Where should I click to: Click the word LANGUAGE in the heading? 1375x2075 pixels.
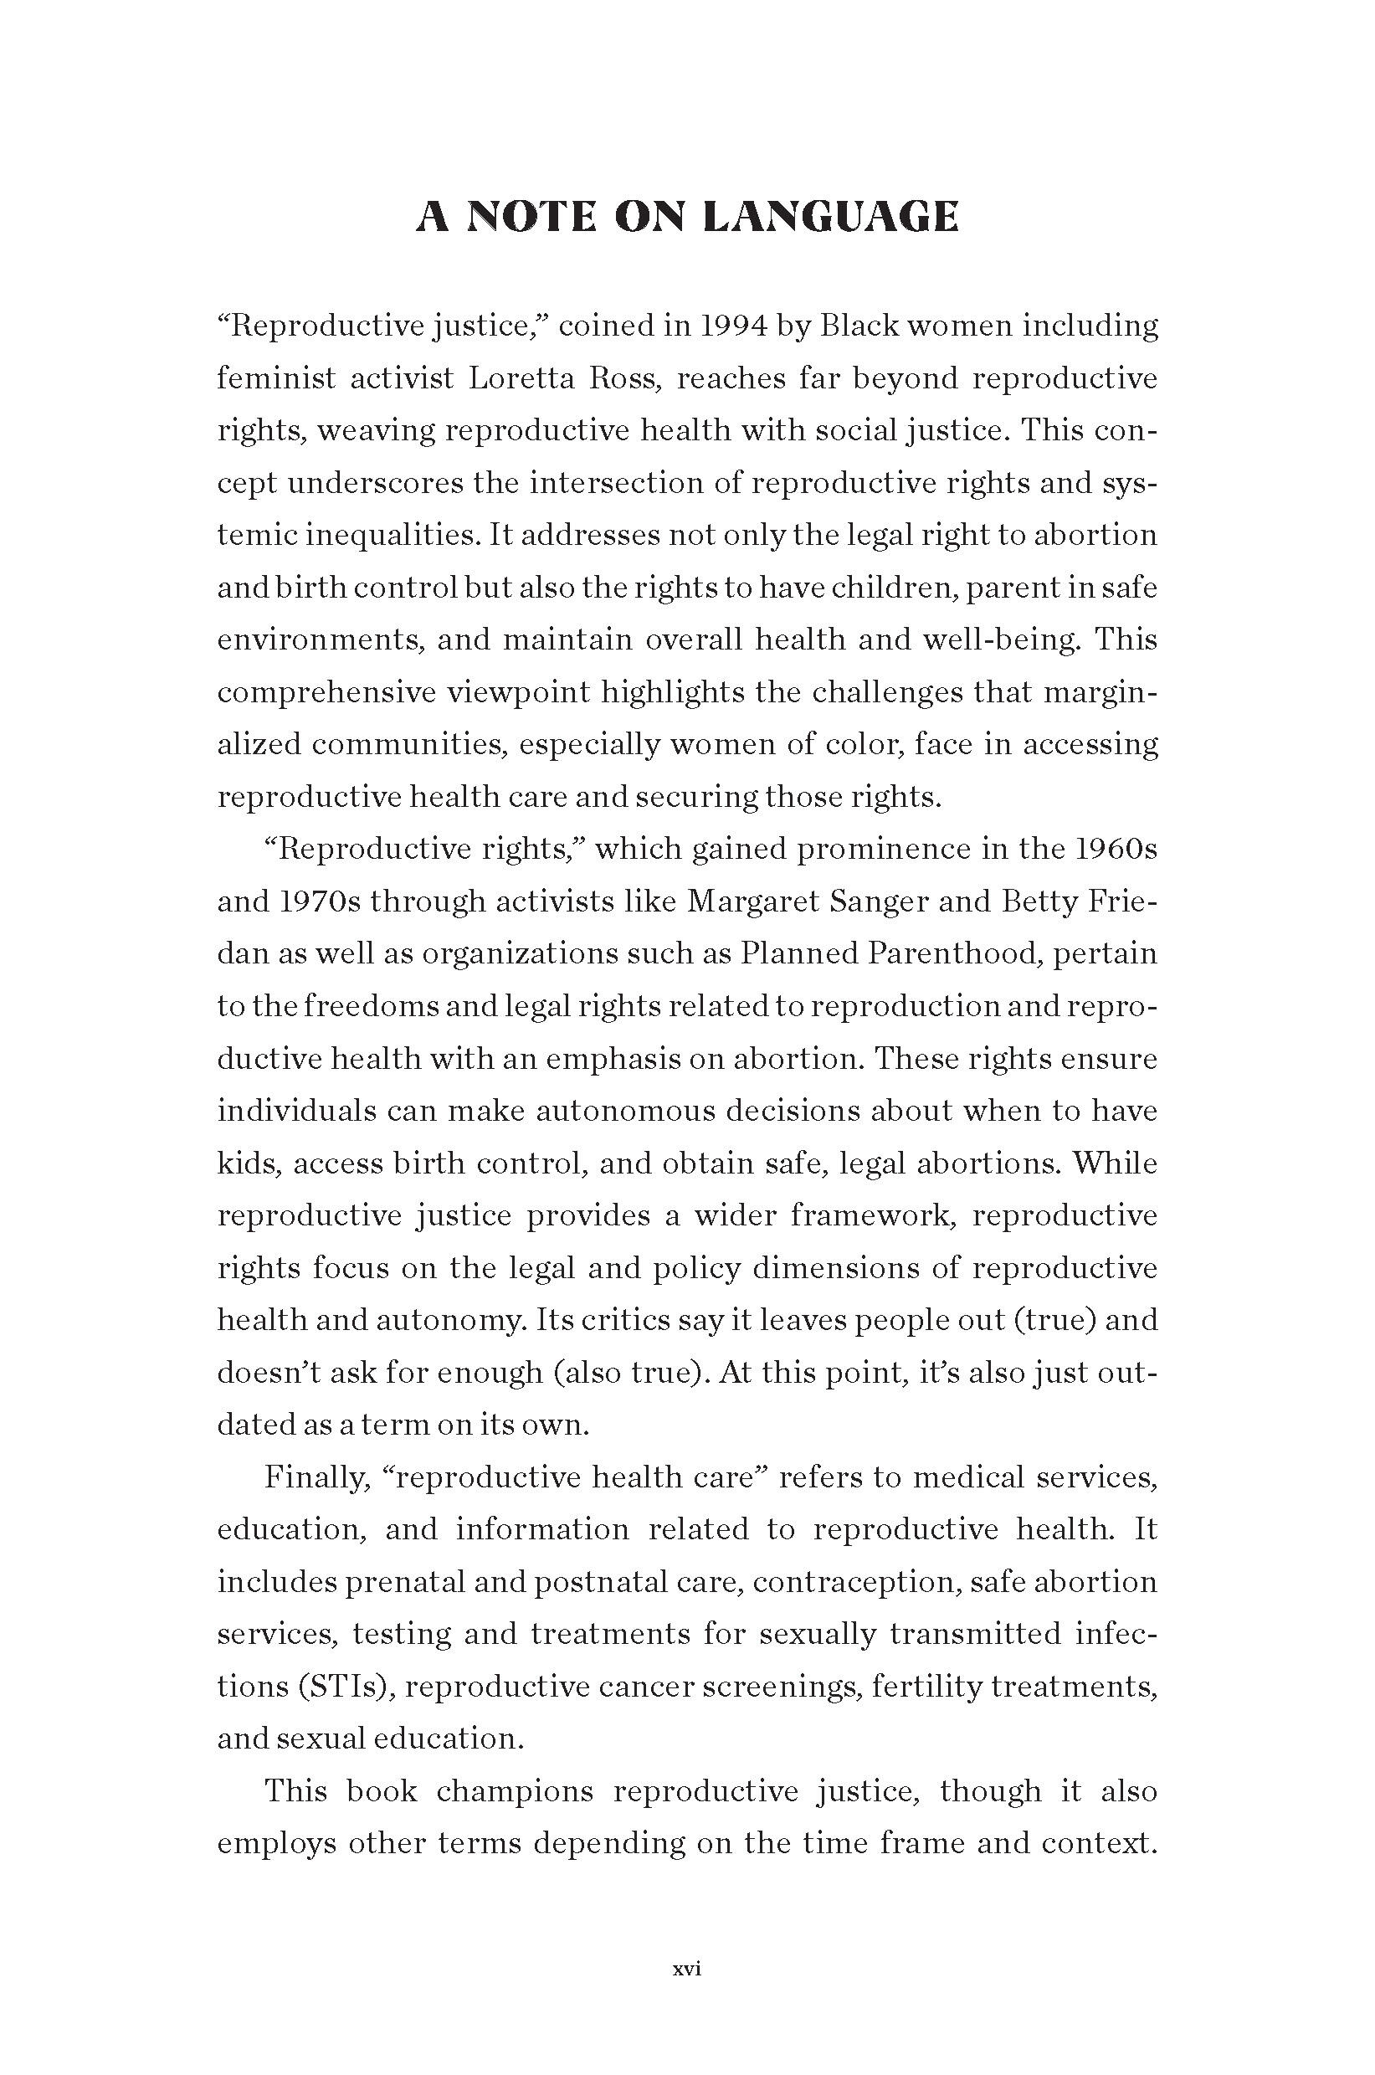[830, 218]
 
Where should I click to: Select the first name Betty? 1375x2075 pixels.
[1033, 901]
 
